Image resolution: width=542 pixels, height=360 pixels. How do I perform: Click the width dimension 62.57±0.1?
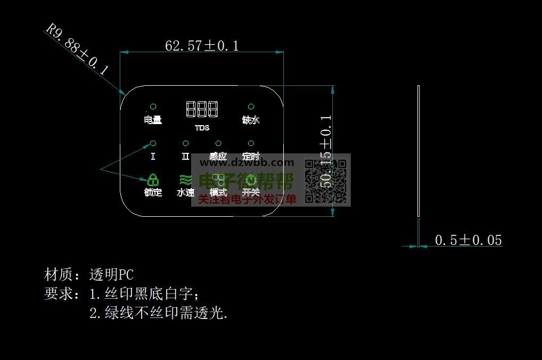coord(202,46)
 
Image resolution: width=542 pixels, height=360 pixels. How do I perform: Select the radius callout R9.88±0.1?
coord(78,48)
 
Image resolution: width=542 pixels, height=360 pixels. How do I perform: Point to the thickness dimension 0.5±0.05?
coord(468,240)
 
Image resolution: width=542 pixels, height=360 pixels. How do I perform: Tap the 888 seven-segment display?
coord(202,109)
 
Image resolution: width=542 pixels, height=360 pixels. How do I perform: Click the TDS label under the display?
coord(202,128)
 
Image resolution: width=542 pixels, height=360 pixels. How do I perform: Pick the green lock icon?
coord(153,179)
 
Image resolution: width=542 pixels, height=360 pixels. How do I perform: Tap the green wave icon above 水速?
coord(185,179)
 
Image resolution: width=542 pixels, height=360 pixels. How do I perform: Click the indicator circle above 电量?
coord(153,107)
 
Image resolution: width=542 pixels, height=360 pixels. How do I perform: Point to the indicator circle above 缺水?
coord(251,107)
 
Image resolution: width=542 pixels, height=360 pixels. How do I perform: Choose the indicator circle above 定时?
coord(251,143)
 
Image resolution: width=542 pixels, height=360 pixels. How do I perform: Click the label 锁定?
coord(153,192)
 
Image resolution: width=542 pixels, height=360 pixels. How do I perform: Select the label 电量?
coord(153,120)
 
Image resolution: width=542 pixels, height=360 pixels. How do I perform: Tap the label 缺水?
coord(251,120)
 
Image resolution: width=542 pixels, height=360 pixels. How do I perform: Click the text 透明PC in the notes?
coord(111,275)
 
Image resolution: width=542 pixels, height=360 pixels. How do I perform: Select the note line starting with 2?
coord(158,313)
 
